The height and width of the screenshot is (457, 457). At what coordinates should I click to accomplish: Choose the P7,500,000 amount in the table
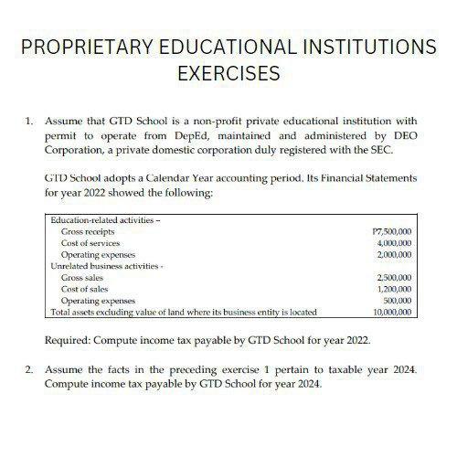pos(393,233)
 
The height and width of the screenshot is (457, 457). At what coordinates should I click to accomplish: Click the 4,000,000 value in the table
pos(395,243)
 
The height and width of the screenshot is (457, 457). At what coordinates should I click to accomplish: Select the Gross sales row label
pos(81,276)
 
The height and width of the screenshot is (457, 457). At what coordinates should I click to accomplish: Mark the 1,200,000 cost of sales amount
pos(395,287)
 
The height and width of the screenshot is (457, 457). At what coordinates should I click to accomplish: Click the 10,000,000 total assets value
pos(393,312)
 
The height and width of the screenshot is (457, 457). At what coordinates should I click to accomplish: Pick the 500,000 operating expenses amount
pos(399,300)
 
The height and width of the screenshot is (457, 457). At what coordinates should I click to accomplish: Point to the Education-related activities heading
pos(98,221)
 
